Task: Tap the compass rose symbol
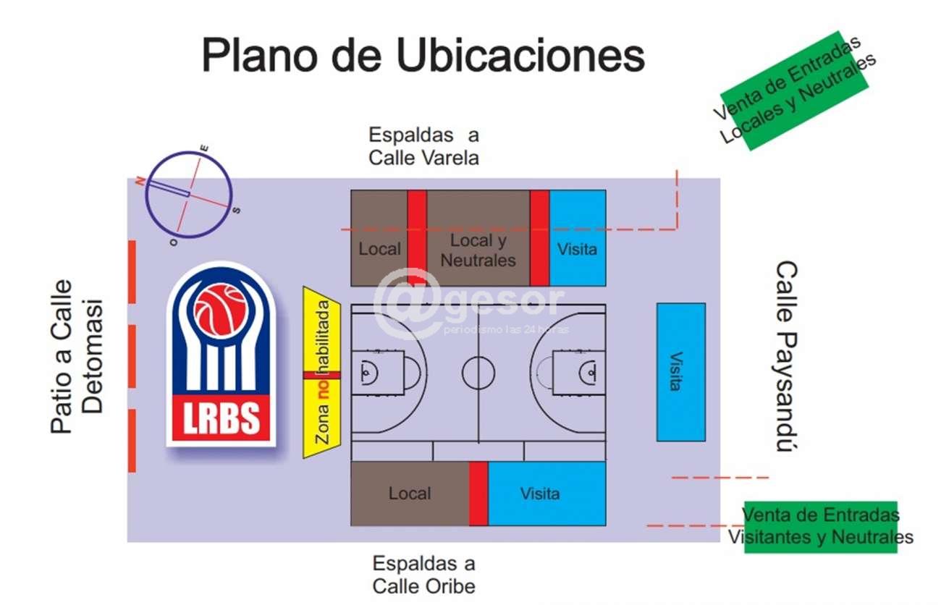pyautogui.click(x=188, y=195)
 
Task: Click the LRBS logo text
pyautogui.click(x=220, y=419)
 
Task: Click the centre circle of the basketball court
pyautogui.click(x=478, y=373)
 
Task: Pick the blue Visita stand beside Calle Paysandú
pyautogui.click(x=680, y=372)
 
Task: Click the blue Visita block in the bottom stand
pyautogui.click(x=547, y=494)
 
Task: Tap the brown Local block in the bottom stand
pyautogui.click(x=410, y=494)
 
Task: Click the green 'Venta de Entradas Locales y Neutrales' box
pyautogui.click(x=795, y=90)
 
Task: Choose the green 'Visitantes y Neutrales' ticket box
pyautogui.click(x=820, y=527)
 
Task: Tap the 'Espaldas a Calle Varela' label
pyautogui.click(x=423, y=146)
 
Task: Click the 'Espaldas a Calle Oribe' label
pyautogui.click(x=424, y=574)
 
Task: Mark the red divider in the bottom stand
pyautogui.click(x=478, y=494)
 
